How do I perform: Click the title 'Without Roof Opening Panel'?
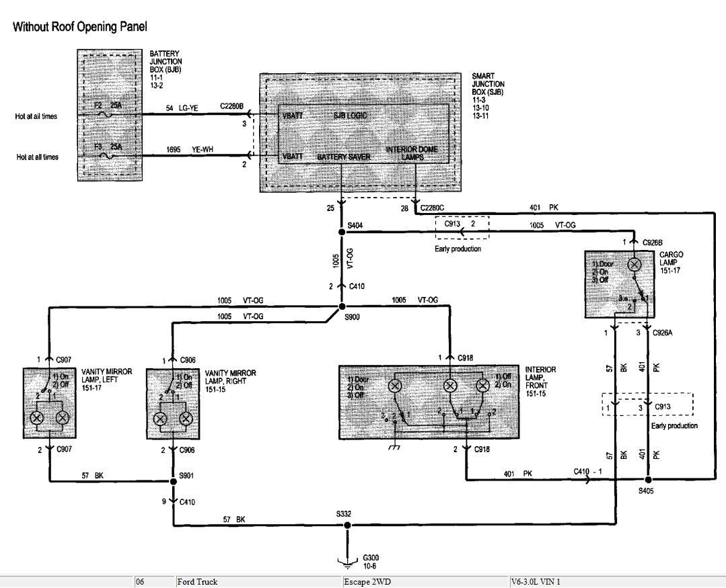click(x=79, y=28)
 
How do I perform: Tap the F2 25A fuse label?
click(x=107, y=106)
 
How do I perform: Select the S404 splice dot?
click(x=342, y=232)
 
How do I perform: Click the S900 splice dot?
click(x=342, y=306)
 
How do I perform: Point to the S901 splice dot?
click(x=174, y=481)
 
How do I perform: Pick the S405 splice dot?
click(x=648, y=480)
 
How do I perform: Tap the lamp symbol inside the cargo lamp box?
click(x=633, y=265)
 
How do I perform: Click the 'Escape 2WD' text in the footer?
click(x=367, y=582)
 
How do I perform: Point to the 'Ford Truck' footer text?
click(x=198, y=582)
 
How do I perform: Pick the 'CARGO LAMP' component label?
click(x=671, y=259)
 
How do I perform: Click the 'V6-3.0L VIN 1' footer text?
click(x=536, y=582)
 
